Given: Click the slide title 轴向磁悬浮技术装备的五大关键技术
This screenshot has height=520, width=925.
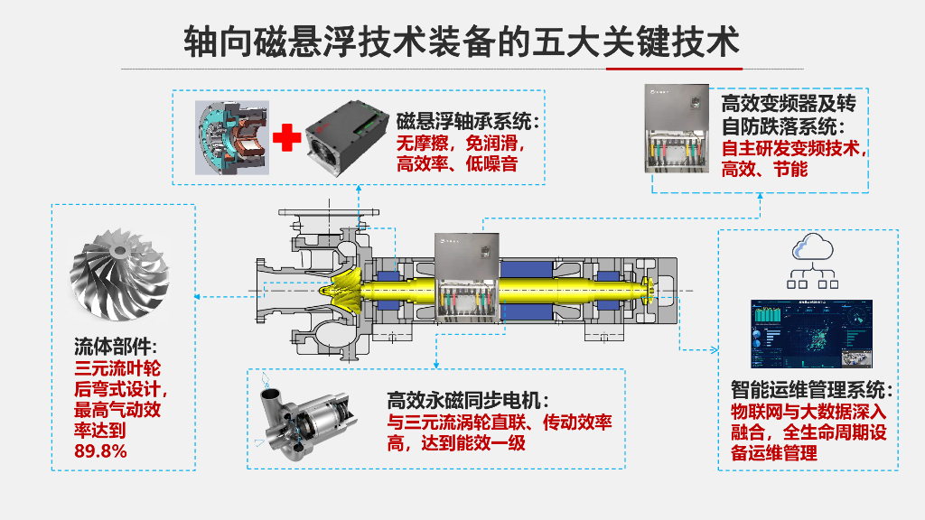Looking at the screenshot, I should tap(462, 41).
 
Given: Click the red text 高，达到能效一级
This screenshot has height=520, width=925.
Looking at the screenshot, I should tap(455, 442).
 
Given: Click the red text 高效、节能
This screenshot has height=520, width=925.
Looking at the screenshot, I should tap(764, 168).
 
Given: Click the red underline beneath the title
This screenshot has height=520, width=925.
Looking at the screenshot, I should tap(674, 68).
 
